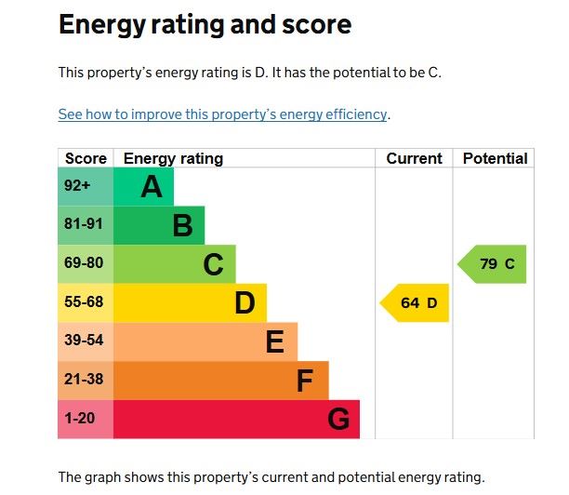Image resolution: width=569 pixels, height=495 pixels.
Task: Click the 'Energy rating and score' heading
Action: (x=205, y=25)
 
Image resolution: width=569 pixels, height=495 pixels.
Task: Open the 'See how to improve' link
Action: (x=222, y=114)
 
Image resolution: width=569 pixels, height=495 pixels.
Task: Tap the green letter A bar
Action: (x=143, y=187)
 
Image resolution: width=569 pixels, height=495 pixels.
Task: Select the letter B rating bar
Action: (x=159, y=226)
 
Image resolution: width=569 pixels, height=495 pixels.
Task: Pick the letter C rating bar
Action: (x=175, y=265)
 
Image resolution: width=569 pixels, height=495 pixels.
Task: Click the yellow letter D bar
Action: (x=190, y=303)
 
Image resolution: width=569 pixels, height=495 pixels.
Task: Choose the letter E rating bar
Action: (x=205, y=341)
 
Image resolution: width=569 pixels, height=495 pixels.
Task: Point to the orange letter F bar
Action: (x=221, y=381)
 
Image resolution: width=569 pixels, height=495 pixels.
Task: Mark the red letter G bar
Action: (x=236, y=420)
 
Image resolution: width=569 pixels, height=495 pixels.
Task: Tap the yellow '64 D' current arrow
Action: (x=416, y=303)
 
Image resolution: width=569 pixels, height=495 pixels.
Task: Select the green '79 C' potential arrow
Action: (x=494, y=264)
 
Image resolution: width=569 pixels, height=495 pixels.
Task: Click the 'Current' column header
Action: (x=414, y=158)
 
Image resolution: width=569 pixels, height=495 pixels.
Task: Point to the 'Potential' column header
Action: (x=495, y=158)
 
